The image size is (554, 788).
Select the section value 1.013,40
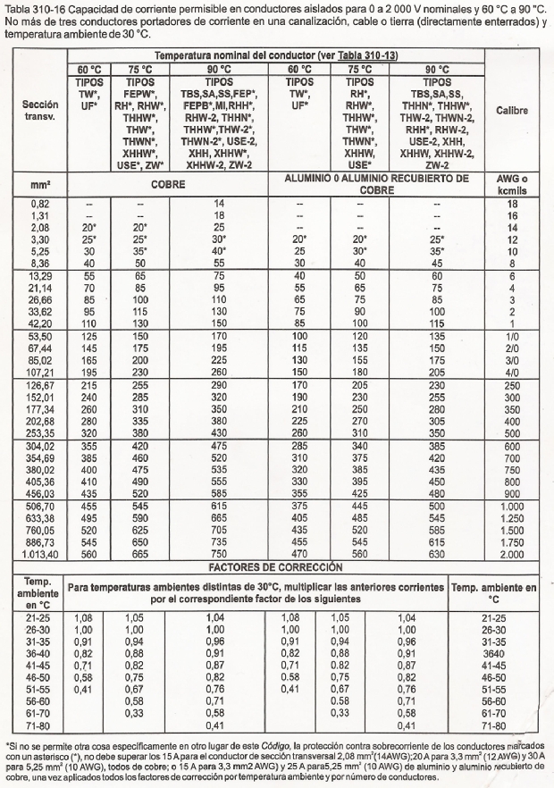pos(40,554)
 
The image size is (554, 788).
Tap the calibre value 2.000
pos(512,554)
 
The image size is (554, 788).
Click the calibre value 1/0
pos(512,334)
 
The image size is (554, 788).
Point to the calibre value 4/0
pos(512,372)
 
